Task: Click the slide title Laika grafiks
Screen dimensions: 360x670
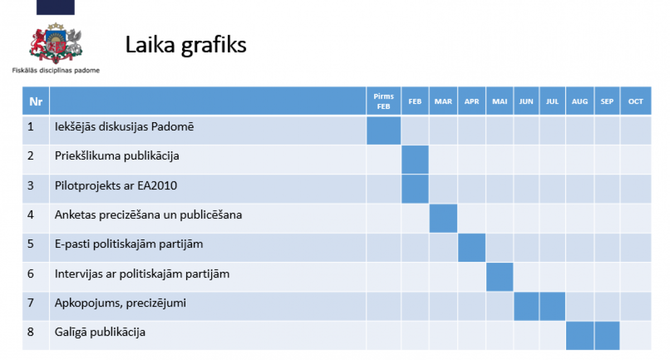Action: (185, 45)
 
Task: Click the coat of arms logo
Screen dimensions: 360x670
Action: (55, 43)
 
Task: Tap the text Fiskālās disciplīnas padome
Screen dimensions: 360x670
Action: (56, 70)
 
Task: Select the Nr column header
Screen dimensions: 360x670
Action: (36, 102)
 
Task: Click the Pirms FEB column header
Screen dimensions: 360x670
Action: (384, 102)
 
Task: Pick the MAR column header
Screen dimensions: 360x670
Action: (443, 102)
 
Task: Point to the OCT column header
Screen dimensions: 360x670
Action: (635, 102)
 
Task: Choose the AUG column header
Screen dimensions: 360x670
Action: (580, 102)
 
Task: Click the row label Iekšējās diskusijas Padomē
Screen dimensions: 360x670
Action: (124, 127)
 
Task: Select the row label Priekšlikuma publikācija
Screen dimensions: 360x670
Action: (117, 156)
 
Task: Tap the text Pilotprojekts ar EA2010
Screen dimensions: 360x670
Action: (116, 185)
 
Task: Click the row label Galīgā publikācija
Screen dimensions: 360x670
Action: (100, 332)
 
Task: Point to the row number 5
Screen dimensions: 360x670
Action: (31, 244)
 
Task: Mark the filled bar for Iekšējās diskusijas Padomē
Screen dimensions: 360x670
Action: (384, 131)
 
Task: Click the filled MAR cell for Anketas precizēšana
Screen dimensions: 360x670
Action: (443, 218)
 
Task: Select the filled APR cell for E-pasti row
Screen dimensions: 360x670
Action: (472, 248)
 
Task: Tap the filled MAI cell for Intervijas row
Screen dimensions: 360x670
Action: (500, 277)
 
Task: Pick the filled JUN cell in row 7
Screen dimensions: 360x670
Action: (527, 306)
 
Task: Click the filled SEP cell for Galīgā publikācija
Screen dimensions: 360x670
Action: (607, 335)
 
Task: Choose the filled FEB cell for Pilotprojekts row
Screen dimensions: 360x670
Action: (415, 189)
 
